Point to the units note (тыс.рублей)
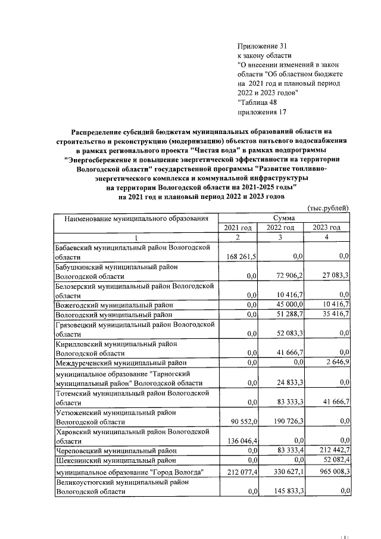tap(327, 208)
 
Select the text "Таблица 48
tap(257, 102)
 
